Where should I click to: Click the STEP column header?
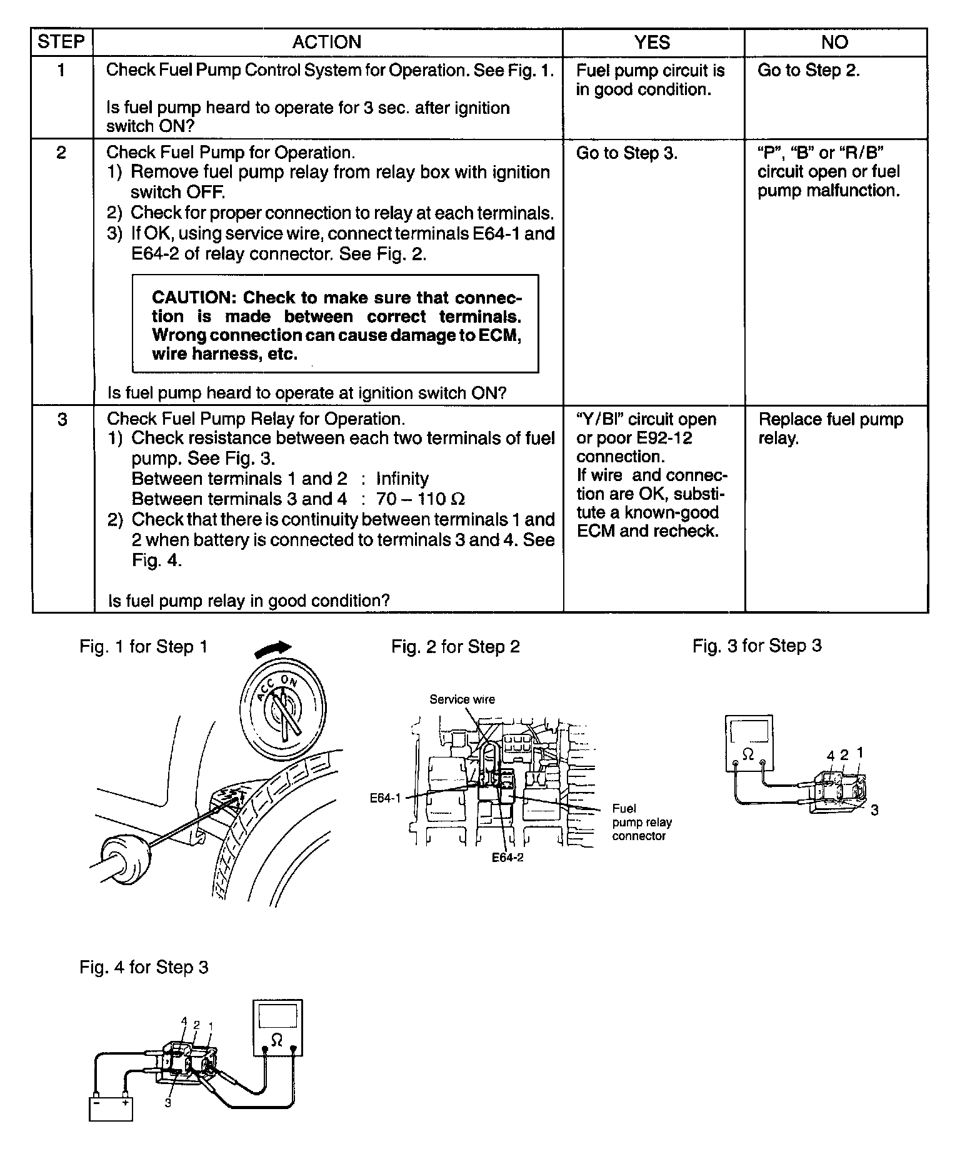pyautogui.click(x=61, y=42)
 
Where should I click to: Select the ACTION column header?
pyautogui.click(x=327, y=42)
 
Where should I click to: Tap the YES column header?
pyautogui.click(x=652, y=42)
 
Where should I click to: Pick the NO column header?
pyautogui.click(x=834, y=42)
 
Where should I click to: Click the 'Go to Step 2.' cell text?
pyautogui.click(x=808, y=70)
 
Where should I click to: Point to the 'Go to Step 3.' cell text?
pyautogui.click(x=626, y=153)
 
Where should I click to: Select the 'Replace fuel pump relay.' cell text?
pyautogui.click(x=830, y=428)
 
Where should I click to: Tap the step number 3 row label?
pyautogui.click(x=62, y=419)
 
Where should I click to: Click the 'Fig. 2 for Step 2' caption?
pyautogui.click(x=455, y=646)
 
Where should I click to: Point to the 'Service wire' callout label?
pyautogui.click(x=462, y=699)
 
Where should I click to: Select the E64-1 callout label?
pyautogui.click(x=384, y=798)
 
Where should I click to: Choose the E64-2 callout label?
pyautogui.click(x=507, y=857)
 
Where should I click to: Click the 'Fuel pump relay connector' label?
pyautogui.click(x=641, y=822)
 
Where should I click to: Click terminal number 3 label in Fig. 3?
pyautogui.click(x=874, y=810)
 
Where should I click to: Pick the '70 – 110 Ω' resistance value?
pyautogui.click(x=420, y=499)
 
